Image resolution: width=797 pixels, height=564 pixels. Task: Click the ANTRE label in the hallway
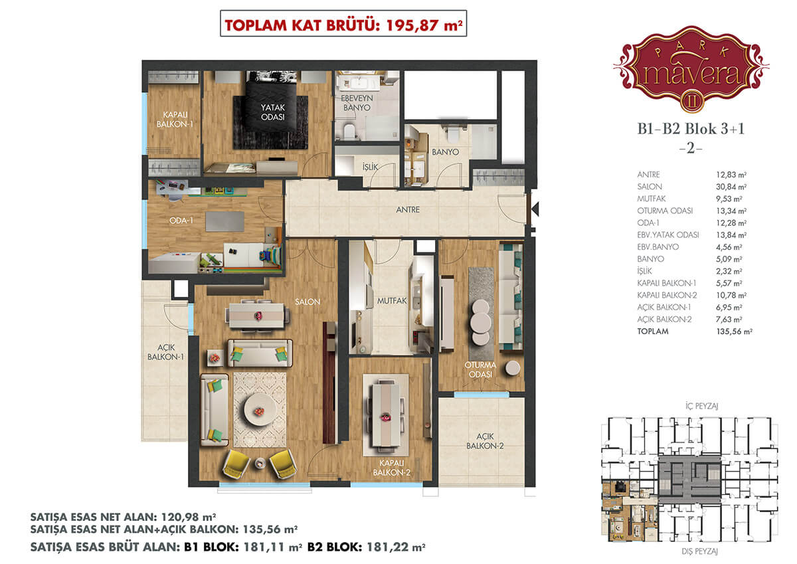[x=408, y=210]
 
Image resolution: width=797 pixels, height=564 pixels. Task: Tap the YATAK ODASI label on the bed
[x=272, y=112]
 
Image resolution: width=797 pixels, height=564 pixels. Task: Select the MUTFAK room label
[x=392, y=301]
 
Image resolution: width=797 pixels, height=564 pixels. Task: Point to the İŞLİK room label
[x=370, y=167]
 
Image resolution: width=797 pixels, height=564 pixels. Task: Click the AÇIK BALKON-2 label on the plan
[x=485, y=441]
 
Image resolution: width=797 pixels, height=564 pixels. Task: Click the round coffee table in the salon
[x=260, y=410]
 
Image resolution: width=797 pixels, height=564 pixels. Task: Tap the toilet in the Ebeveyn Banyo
[x=349, y=132]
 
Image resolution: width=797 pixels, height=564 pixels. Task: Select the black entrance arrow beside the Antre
[x=535, y=209]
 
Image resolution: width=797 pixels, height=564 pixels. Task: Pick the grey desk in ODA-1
[x=225, y=221]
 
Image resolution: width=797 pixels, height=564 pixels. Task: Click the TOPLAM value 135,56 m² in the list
[x=734, y=331]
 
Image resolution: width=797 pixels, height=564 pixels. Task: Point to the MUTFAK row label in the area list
[x=651, y=199]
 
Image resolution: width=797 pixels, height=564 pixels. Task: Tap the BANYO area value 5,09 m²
[x=729, y=259]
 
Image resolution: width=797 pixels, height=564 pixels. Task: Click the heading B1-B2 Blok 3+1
[x=691, y=129]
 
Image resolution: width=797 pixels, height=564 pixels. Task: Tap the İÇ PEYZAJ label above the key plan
[x=701, y=406]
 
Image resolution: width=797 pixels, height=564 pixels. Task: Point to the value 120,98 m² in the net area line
[x=189, y=516]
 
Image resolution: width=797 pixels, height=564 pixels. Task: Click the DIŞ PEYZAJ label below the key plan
[x=699, y=551]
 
